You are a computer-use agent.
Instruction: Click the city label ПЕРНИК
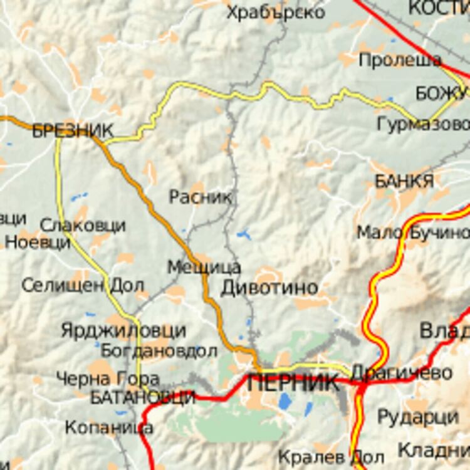tap(293, 383)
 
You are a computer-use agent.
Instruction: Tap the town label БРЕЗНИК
tap(73, 130)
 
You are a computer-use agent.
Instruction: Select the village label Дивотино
tap(269, 288)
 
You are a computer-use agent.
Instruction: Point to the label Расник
tap(201, 197)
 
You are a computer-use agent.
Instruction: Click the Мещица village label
tap(204, 268)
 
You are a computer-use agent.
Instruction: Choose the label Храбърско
tap(276, 12)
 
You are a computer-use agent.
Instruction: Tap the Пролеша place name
tap(400, 60)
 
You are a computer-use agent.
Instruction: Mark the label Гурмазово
tap(423, 124)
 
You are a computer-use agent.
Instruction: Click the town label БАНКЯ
tap(404, 181)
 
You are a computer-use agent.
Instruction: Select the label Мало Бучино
tap(413, 232)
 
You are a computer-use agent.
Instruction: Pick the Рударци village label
tap(418, 417)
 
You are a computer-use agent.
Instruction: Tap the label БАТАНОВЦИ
tap(143, 397)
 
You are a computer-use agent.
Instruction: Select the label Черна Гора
tap(108, 379)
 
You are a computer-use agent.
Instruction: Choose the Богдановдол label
tap(159, 351)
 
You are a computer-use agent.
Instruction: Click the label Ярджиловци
tap(123, 330)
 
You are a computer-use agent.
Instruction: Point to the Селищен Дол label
tap(83, 286)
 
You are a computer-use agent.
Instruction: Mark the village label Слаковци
tap(83, 225)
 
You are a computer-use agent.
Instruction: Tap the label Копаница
tap(109, 427)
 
